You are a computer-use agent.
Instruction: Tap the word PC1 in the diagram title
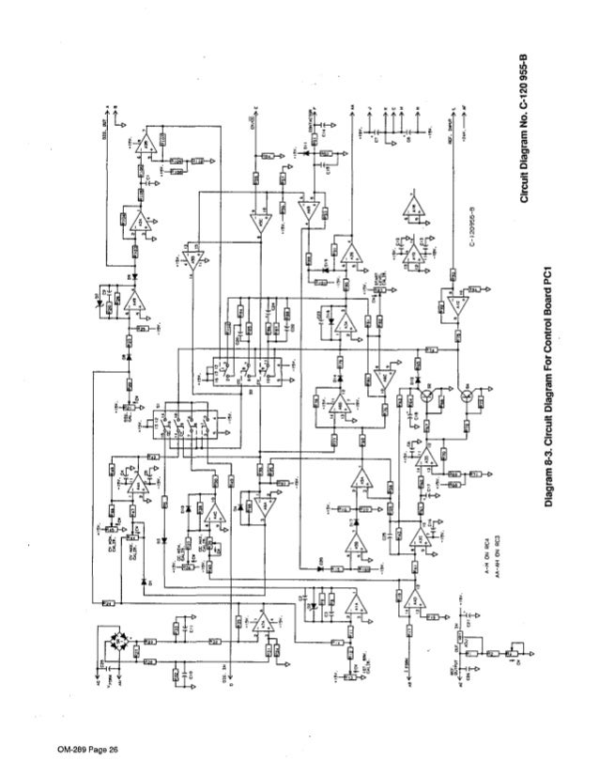[x=557, y=281]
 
